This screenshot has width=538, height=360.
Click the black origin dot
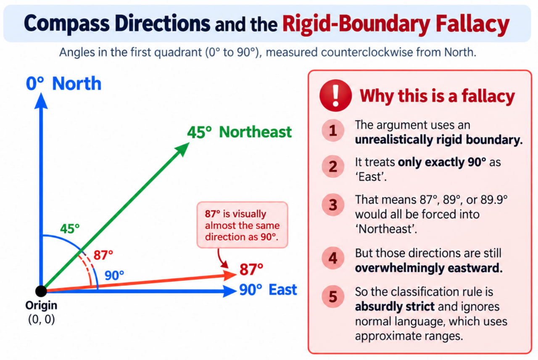pyautogui.click(x=41, y=291)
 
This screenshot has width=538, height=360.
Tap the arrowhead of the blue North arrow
pyautogui.click(x=41, y=101)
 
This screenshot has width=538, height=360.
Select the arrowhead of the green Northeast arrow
pyautogui.click(x=183, y=149)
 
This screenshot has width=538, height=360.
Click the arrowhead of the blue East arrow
pyautogui.click(x=229, y=291)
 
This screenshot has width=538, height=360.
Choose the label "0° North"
pyautogui.click(x=63, y=84)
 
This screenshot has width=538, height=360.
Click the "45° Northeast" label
pyautogui.click(x=239, y=132)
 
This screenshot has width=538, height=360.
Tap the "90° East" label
pyautogui.click(x=268, y=290)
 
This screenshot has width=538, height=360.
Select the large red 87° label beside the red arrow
pyautogui.click(x=251, y=269)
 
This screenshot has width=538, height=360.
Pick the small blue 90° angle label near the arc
pyautogui.click(x=114, y=275)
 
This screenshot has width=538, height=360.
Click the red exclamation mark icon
pyautogui.click(x=335, y=95)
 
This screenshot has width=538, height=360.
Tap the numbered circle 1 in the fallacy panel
pyautogui.click(x=333, y=130)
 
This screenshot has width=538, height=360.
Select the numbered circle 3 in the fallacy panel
pyautogui.click(x=333, y=205)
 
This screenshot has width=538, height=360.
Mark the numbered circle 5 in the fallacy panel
pyautogui.click(x=333, y=296)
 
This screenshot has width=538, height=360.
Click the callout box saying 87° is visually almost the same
pyautogui.click(x=242, y=225)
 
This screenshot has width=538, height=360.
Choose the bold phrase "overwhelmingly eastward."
pyautogui.click(x=429, y=268)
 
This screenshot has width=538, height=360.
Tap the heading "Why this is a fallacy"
pyautogui.click(x=437, y=96)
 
